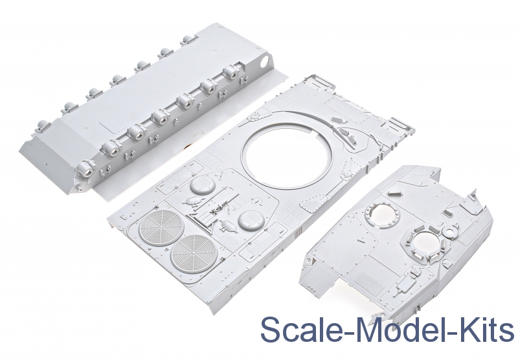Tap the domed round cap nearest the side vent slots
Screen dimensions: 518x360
251,219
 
